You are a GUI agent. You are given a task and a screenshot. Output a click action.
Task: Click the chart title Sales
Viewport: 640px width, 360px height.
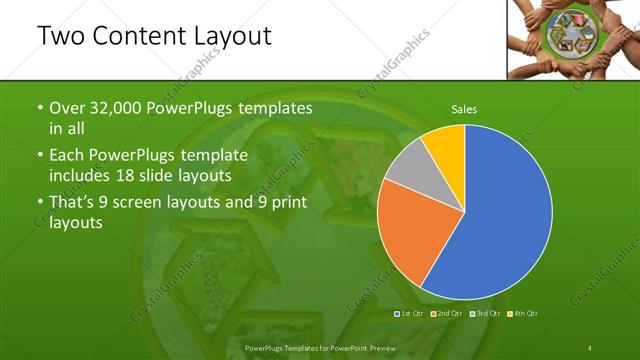pyautogui.click(x=463, y=108)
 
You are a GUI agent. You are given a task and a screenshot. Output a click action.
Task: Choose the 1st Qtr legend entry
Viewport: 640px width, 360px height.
pyautogui.click(x=411, y=314)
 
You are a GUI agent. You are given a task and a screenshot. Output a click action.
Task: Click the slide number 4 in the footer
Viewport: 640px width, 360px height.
pyautogui.click(x=590, y=347)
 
